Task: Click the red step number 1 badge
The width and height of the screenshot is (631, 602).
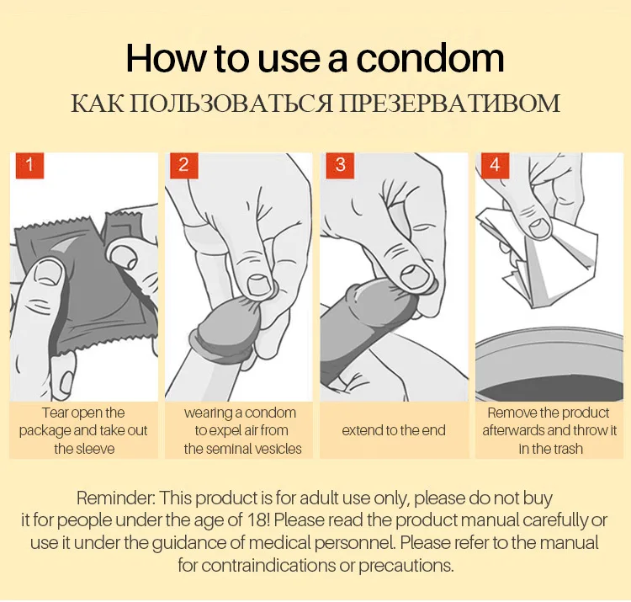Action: [x=29, y=165]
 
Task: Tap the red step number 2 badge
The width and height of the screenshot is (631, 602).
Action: [x=184, y=165]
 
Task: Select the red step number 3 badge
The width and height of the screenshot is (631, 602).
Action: [x=340, y=165]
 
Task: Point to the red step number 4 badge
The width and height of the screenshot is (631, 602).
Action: [x=495, y=165]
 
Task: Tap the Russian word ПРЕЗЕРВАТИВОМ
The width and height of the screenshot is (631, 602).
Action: [x=448, y=104]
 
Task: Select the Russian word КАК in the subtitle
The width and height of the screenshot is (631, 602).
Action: [x=97, y=104]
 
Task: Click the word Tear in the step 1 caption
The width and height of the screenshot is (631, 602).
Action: [x=56, y=413]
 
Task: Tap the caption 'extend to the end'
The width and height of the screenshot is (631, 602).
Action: [x=394, y=430]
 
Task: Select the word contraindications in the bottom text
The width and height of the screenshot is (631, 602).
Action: [x=257, y=565]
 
